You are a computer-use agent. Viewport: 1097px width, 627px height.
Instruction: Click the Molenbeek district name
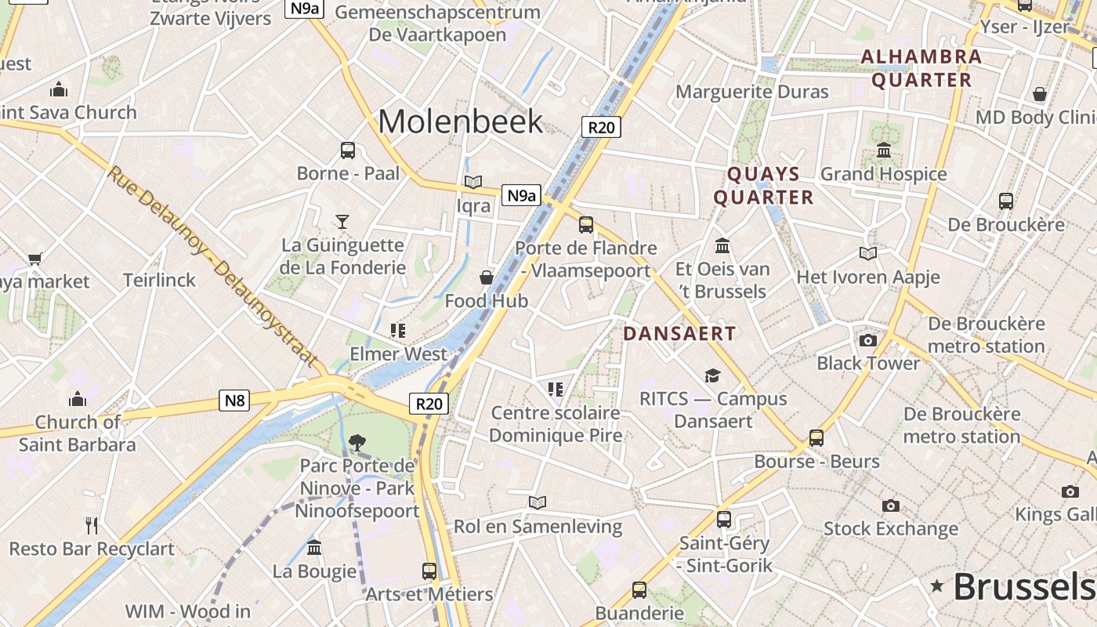[460, 121]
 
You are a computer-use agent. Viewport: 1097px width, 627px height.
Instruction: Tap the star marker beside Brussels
[936, 585]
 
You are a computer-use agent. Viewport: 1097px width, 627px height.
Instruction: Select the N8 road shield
[235, 401]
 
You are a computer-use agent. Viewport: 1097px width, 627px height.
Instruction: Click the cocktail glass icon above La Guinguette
[342, 221]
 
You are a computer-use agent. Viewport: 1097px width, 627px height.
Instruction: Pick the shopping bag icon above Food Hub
[487, 277]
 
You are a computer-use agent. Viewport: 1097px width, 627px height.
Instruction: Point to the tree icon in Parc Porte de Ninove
[357, 442]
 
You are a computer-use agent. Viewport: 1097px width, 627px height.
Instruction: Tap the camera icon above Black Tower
[867, 340]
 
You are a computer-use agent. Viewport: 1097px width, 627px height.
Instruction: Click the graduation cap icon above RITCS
[712, 375]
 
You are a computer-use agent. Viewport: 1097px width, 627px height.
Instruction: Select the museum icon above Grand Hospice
[884, 150]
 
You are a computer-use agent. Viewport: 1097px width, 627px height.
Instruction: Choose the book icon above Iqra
[473, 182]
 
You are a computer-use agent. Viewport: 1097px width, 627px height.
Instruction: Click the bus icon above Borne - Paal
[348, 150]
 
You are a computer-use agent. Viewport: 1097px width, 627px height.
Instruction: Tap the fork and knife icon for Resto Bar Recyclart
[92, 525]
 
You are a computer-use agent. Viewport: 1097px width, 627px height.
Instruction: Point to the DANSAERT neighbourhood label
[679, 333]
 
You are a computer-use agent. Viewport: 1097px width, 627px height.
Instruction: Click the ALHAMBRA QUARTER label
[921, 68]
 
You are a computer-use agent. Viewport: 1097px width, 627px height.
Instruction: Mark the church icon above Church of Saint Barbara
[77, 400]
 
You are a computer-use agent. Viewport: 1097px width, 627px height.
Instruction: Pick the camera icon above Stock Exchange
[891, 506]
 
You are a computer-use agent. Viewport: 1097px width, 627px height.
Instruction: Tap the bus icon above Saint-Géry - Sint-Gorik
[724, 519]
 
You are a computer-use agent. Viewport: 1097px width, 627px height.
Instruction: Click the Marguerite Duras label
[751, 92]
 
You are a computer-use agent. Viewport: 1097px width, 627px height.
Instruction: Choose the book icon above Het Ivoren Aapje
[868, 253]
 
